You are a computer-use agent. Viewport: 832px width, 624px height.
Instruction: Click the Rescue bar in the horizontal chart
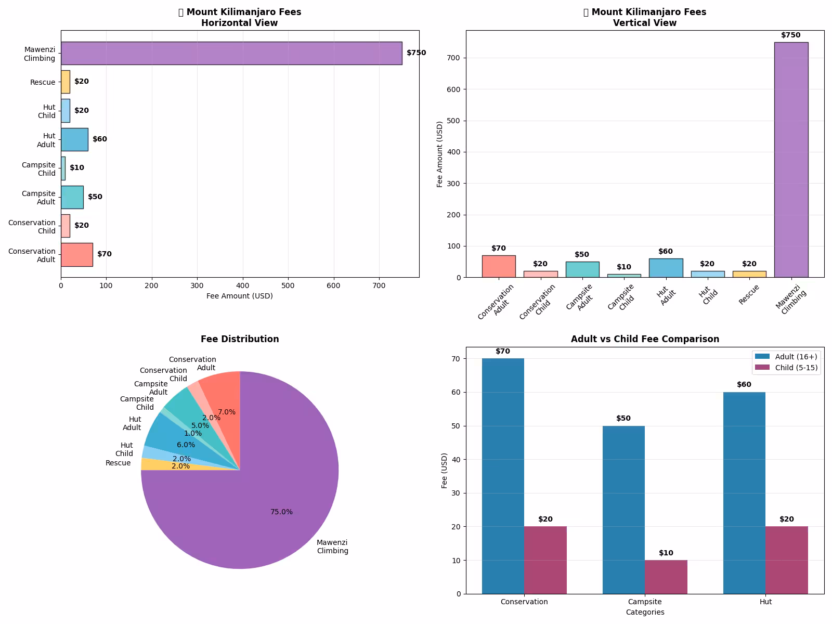pos(66,82)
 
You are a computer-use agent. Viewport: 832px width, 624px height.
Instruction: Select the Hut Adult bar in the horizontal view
pos(75,139)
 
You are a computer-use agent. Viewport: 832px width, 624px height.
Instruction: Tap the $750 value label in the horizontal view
pos(416,53)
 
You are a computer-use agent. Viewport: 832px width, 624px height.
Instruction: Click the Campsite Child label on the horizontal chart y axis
pos(38,169)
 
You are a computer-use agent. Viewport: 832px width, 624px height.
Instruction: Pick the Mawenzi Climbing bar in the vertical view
pos(791,160)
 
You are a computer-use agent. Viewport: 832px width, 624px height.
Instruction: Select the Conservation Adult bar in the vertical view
pos(499,266)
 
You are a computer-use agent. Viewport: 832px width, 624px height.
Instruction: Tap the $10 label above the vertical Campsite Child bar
pos(624,267)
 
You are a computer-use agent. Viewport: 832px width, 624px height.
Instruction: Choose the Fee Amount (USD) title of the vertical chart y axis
pos(439,154)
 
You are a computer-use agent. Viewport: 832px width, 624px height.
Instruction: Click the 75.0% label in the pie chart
pos(281,512)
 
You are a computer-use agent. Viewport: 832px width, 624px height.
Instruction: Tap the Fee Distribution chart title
pos(240,339)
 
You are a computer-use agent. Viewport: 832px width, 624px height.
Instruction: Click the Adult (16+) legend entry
pos(786,357)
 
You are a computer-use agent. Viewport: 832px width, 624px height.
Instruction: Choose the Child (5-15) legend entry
pos(786,368)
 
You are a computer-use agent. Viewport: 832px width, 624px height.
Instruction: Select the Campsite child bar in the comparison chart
pos(666,577)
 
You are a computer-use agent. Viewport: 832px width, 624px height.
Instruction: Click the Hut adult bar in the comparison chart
pos(744,493)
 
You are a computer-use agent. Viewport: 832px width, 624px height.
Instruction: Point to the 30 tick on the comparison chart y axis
pos(457,493)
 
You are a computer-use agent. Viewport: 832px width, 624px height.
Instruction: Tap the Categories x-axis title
pos(645,612)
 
